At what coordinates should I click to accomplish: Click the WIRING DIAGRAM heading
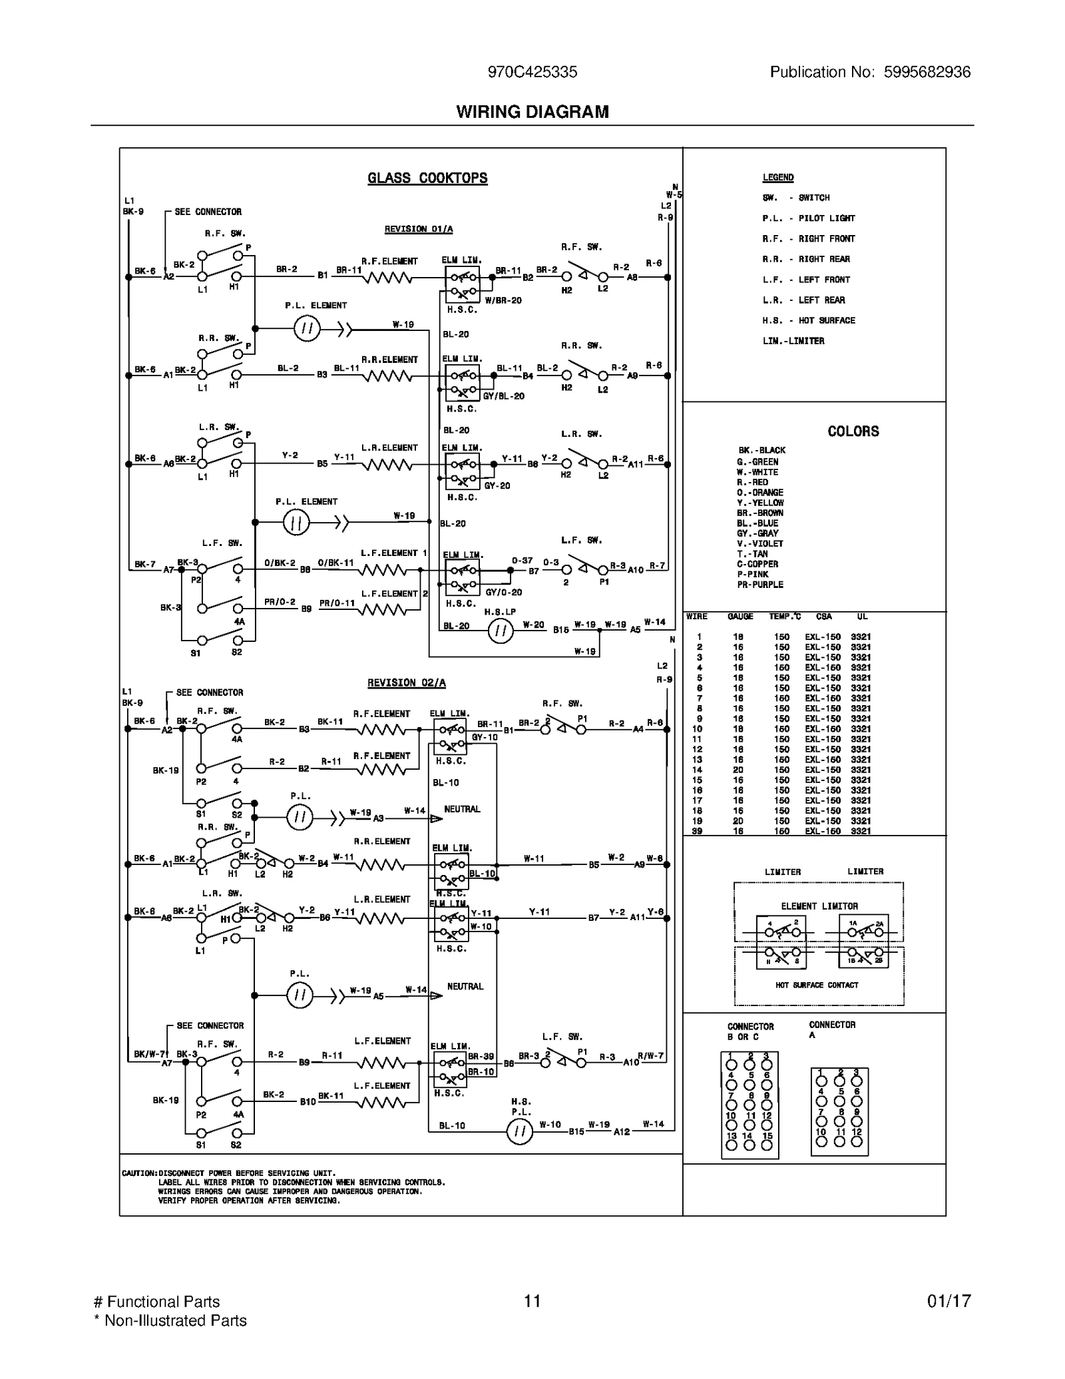point(532,112)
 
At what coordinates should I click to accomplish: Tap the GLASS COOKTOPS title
point(427,178)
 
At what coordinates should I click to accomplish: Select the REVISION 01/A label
point(418,229)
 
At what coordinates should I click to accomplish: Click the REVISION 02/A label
point(406,683)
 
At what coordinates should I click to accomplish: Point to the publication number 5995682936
point(927,72)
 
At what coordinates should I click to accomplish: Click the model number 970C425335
point(532,72)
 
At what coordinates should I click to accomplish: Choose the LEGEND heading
point(777,178)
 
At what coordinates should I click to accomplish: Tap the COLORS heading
point(853,431)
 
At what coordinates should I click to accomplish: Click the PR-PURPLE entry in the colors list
point(759,585)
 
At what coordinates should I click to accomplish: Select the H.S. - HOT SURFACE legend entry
point(808,320)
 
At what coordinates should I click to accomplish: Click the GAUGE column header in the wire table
point(740,617)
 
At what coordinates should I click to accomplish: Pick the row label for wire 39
point(697,831)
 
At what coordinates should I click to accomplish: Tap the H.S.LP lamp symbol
point(501,631)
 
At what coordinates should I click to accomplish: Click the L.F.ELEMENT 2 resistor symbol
point(383,609)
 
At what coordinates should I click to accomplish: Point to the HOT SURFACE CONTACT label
point(816,985)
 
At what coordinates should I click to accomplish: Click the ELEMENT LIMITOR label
point(819,906)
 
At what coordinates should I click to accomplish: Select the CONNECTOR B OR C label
point(750,1031)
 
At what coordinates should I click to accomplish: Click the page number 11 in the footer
point(532,1301)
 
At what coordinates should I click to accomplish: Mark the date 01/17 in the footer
point(949,1301)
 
